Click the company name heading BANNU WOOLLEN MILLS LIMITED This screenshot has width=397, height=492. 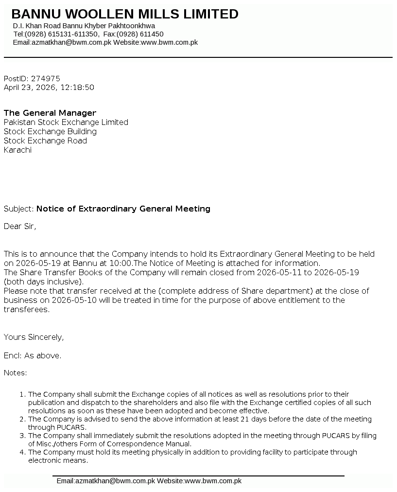pyautogui.click(x=125, y=14)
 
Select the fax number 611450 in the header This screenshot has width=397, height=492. pyautogui.click(x=152, y=34)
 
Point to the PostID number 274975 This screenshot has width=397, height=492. pyautogui.click(x=46, y=78)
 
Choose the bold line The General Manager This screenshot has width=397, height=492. pyautogui.click(x=50, y=113)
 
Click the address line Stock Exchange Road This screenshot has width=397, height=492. pyautogui.click(x=45, y=141)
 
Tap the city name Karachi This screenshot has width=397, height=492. pyautogui.click(x=17, y=150)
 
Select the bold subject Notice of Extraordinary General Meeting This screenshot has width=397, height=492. pyautogui.click(x=123, y=209)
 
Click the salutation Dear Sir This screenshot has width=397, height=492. pyautogui.click(x=19, y=226)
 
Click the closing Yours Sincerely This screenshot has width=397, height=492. pyautogui.click(x=34, y=337)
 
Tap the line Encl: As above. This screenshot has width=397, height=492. pyautogui.click(x=33, y=355)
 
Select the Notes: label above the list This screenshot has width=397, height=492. pyautogui.click(x=16, y=373)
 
